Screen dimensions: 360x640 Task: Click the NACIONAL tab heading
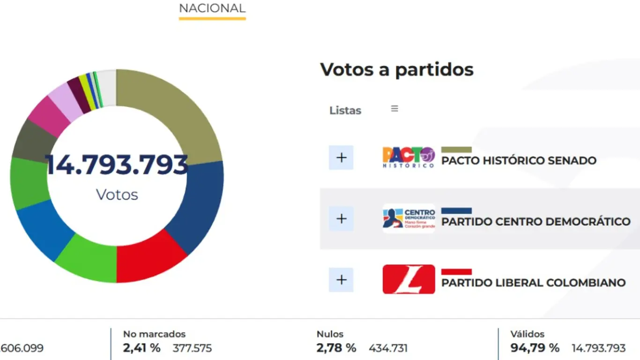coord(212,8)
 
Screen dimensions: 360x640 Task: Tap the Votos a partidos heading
coord(397,69)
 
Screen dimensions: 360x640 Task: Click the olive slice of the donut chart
coord(178,112)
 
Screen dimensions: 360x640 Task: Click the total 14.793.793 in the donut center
coord(117,165)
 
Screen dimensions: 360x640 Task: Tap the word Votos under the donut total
coord(117,195)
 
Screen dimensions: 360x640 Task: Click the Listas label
coord(345,111)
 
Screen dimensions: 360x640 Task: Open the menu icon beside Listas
coord(394,109)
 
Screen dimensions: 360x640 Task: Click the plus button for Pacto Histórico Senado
coord(341,157)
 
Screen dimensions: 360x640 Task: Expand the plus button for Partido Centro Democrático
coord(341,218)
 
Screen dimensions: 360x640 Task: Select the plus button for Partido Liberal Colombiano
coord(341,280)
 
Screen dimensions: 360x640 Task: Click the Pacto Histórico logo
coord(409,157)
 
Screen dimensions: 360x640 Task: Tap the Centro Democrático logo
coord(409,218)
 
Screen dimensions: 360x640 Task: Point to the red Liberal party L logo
coord(409,279)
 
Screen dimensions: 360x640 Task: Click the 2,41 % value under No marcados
coord(141,348)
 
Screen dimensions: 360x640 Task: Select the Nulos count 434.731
coord(388,348)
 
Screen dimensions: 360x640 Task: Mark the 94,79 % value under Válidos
coord(535,348)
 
